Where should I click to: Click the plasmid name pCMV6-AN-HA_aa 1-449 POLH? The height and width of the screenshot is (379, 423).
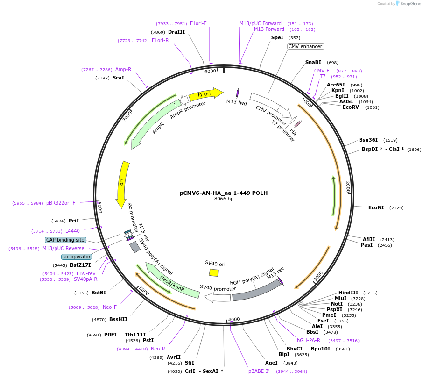224,193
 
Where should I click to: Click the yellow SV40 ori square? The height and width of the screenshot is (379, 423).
213,272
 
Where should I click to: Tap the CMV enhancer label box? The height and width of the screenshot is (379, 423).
305,47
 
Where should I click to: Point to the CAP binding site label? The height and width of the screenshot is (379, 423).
65,240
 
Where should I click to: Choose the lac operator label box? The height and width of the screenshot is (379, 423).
77,257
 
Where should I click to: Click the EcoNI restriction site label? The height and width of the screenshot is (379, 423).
376,207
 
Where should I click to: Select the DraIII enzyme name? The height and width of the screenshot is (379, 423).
176,32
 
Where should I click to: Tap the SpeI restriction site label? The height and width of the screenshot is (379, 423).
277,38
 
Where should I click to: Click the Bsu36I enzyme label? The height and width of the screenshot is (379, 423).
368,140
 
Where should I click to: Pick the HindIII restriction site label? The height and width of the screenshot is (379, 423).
348,293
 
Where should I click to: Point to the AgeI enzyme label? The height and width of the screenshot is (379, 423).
271,363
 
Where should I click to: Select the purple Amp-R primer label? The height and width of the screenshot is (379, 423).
123,69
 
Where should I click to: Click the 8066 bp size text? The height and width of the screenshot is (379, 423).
224,199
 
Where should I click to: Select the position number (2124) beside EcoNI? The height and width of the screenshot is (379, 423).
396,207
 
